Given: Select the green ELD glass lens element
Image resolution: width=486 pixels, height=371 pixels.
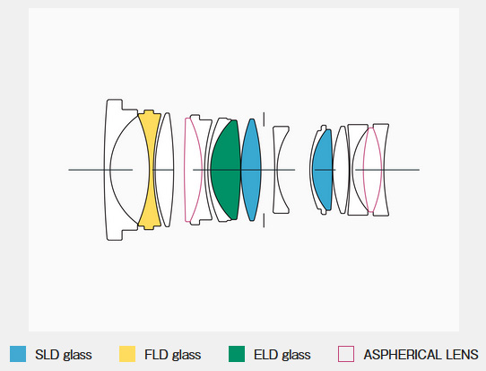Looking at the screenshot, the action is pyautogui.click(x=226, y=170).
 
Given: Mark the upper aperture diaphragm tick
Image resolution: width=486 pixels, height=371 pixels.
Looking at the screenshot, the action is pyautogui.click(x=264, y=119).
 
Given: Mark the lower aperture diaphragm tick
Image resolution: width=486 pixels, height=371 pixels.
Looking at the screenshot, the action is pyautogui.click(x=264, y=220).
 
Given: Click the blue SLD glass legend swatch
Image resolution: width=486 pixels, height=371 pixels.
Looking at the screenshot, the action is pyautogui.click(x=18, y=354).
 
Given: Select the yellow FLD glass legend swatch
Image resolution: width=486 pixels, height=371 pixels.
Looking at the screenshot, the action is pyautogui.click(x=127, y=354).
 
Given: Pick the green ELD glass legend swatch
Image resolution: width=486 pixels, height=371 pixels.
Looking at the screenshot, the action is pyautogui.click(x=237, y=354).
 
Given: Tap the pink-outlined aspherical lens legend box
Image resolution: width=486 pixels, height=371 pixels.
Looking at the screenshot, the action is pyautogui.click(x=346, y=354).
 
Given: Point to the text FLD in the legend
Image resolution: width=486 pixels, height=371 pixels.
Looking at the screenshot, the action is pyautogui.click(x=156, y=355).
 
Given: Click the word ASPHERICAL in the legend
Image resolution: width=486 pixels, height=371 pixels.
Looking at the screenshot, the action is pyautogui.click(x=403, y=355).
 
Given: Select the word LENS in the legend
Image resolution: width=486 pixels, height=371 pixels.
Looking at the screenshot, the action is pyautogui.click(x=462, y=355).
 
